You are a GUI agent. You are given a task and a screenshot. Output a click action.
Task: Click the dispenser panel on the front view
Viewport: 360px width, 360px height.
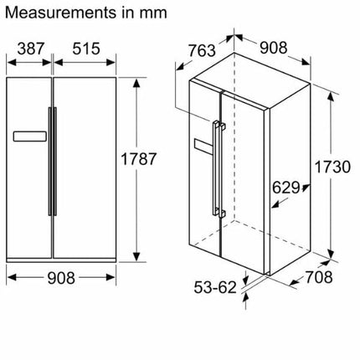point(31,134)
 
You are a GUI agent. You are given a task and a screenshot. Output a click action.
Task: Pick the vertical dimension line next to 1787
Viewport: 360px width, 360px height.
point(135,167)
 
